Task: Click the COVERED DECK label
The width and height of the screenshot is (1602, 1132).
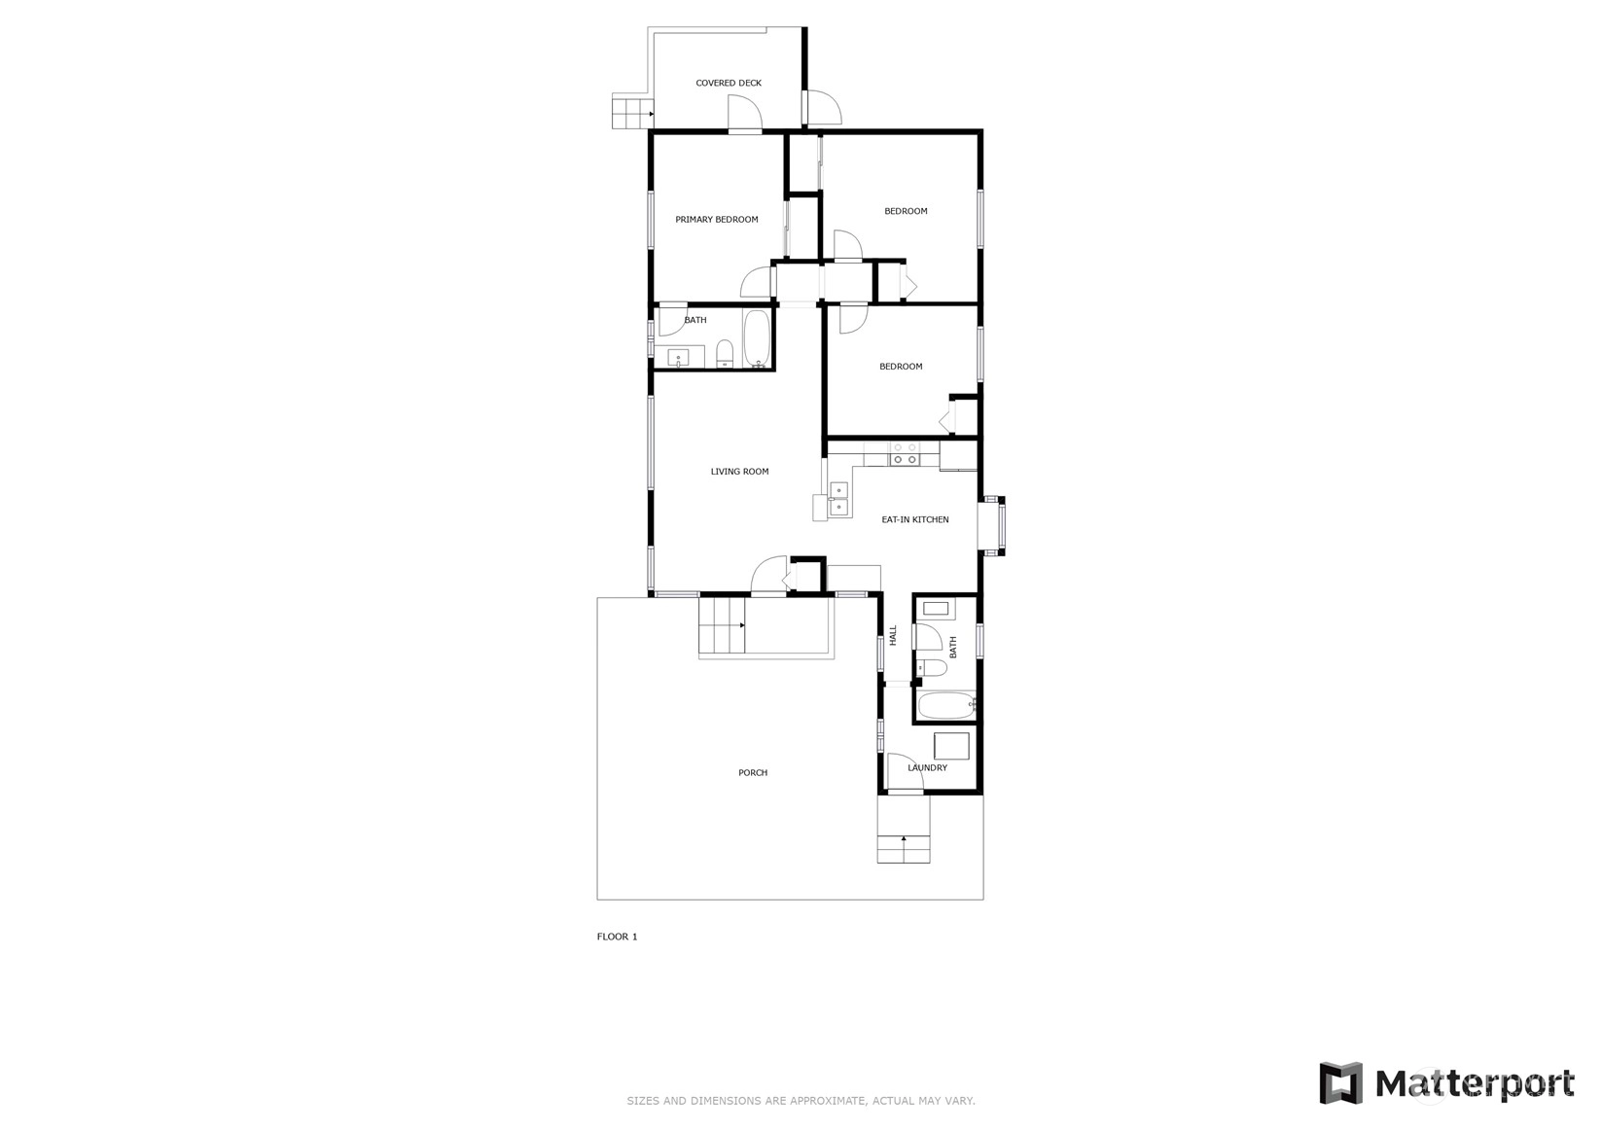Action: [729, 83]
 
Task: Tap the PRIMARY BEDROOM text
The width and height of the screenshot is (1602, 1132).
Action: [717, 220]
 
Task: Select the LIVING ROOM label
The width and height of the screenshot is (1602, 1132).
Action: [739, 472]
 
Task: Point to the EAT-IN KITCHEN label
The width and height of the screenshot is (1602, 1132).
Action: [914, 520]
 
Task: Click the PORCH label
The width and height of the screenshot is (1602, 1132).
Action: [753, 772]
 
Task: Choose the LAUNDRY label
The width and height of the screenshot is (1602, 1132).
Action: [927, 767]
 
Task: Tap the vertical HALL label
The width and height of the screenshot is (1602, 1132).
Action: [893, 635]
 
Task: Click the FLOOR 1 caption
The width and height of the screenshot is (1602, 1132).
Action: [617, 937]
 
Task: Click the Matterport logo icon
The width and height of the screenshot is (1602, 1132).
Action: [1340, 1082]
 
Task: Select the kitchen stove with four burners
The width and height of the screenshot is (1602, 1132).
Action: [904, 454]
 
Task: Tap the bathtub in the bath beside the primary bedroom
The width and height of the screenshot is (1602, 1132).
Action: [757, 339]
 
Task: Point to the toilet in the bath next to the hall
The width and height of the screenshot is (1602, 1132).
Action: [932, 668]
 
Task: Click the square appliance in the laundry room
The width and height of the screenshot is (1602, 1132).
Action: [951, 746]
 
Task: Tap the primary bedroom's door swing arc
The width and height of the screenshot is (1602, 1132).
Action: [756, 282]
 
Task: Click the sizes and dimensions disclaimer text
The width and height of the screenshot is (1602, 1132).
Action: [801, 1101]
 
